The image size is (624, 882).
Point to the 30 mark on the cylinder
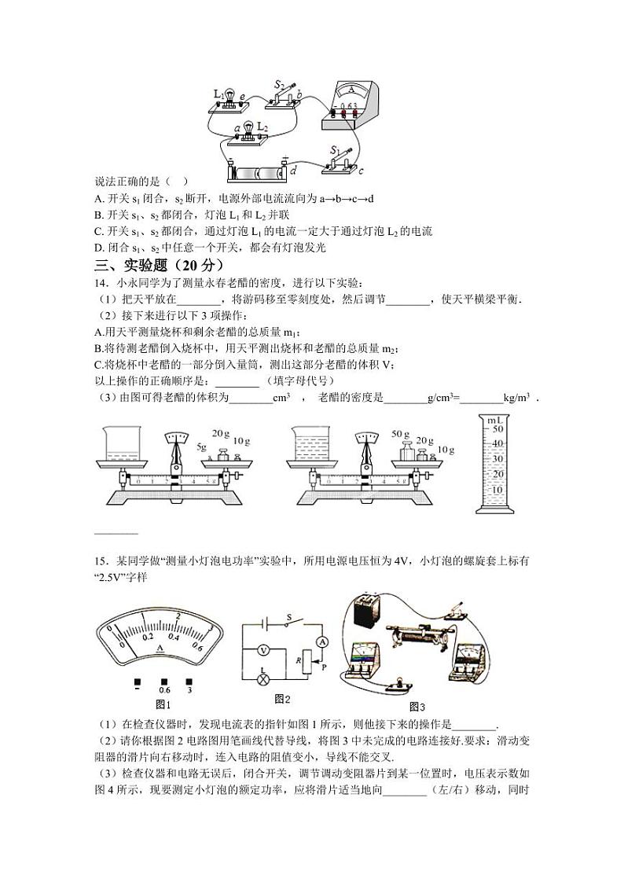pos(496,458)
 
